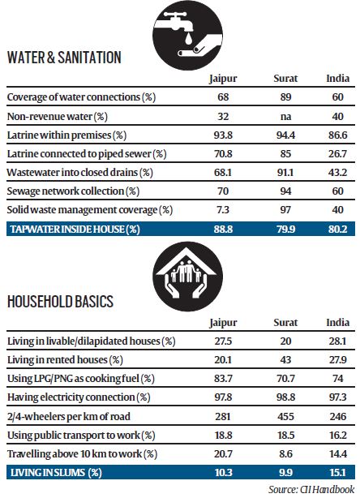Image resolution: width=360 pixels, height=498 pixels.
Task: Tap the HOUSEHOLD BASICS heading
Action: (61, 303)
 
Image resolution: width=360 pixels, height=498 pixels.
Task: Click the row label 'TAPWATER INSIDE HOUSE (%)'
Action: (71, 230)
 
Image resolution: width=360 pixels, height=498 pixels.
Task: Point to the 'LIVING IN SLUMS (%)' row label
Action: (55, 473)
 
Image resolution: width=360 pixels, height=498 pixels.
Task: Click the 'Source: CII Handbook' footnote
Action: (311, 489)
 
